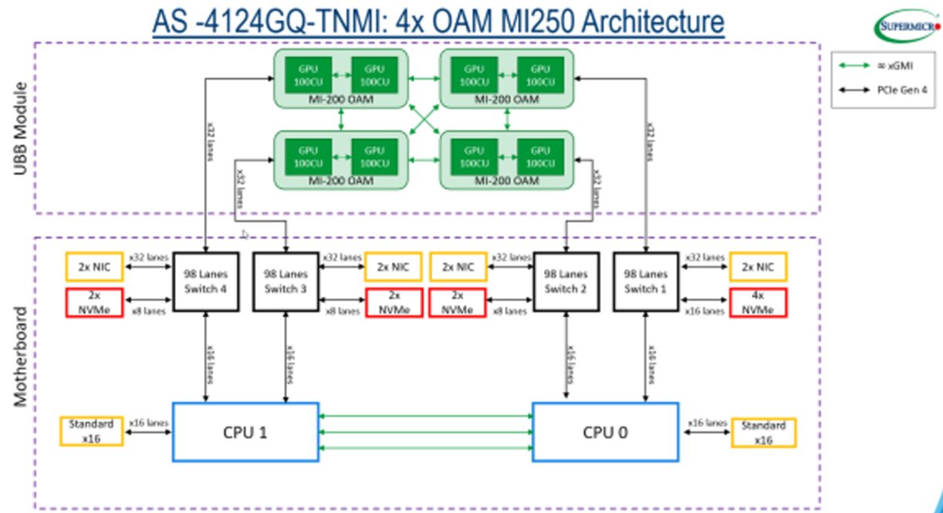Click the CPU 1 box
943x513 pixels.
tap(245, 432)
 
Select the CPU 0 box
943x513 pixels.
tap(606, 432)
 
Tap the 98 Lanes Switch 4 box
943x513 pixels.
tap(204, 282)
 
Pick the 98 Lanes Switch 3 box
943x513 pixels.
tap(286, 282)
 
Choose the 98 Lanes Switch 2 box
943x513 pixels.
tap(566, 282)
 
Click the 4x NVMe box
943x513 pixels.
tap(759, 302)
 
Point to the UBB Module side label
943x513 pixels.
tap(21, 127)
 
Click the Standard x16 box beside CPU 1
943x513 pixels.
tap(91, 431)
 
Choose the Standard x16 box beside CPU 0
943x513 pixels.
tap(763, 432)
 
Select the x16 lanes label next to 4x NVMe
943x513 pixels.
tap(705, 311)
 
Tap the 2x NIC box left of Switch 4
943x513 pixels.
tap(95, 267)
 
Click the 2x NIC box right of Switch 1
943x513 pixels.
tap(758, 267)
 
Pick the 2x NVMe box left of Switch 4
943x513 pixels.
tap(95, 302)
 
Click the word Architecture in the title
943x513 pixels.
tap(653, 21)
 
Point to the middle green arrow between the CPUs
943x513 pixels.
tap(426, 432)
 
